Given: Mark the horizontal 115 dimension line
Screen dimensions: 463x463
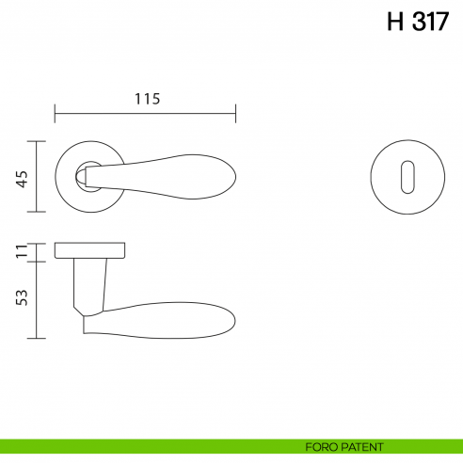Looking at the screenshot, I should click(x=146, y=116).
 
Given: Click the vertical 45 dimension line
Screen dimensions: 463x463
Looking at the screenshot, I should click(x=38, y=177).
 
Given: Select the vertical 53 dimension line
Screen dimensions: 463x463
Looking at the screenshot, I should click(x=38, y=298).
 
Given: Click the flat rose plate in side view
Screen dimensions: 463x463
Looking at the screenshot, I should click(x=90, y=249).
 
